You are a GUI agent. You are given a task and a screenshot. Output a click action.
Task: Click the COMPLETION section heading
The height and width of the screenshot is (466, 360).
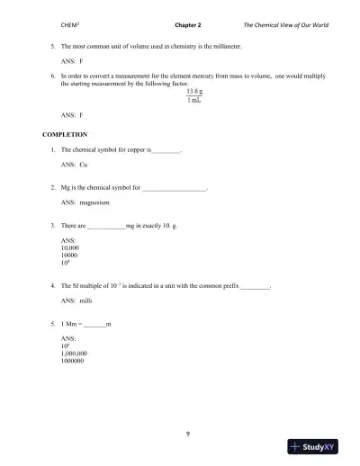[62, 133]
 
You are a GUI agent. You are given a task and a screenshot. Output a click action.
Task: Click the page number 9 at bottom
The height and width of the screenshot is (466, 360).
[187, 410]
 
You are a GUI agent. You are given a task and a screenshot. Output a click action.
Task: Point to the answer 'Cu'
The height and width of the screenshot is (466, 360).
[84, 166]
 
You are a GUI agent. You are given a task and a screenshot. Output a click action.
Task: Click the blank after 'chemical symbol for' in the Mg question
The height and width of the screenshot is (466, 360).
[175, 188]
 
